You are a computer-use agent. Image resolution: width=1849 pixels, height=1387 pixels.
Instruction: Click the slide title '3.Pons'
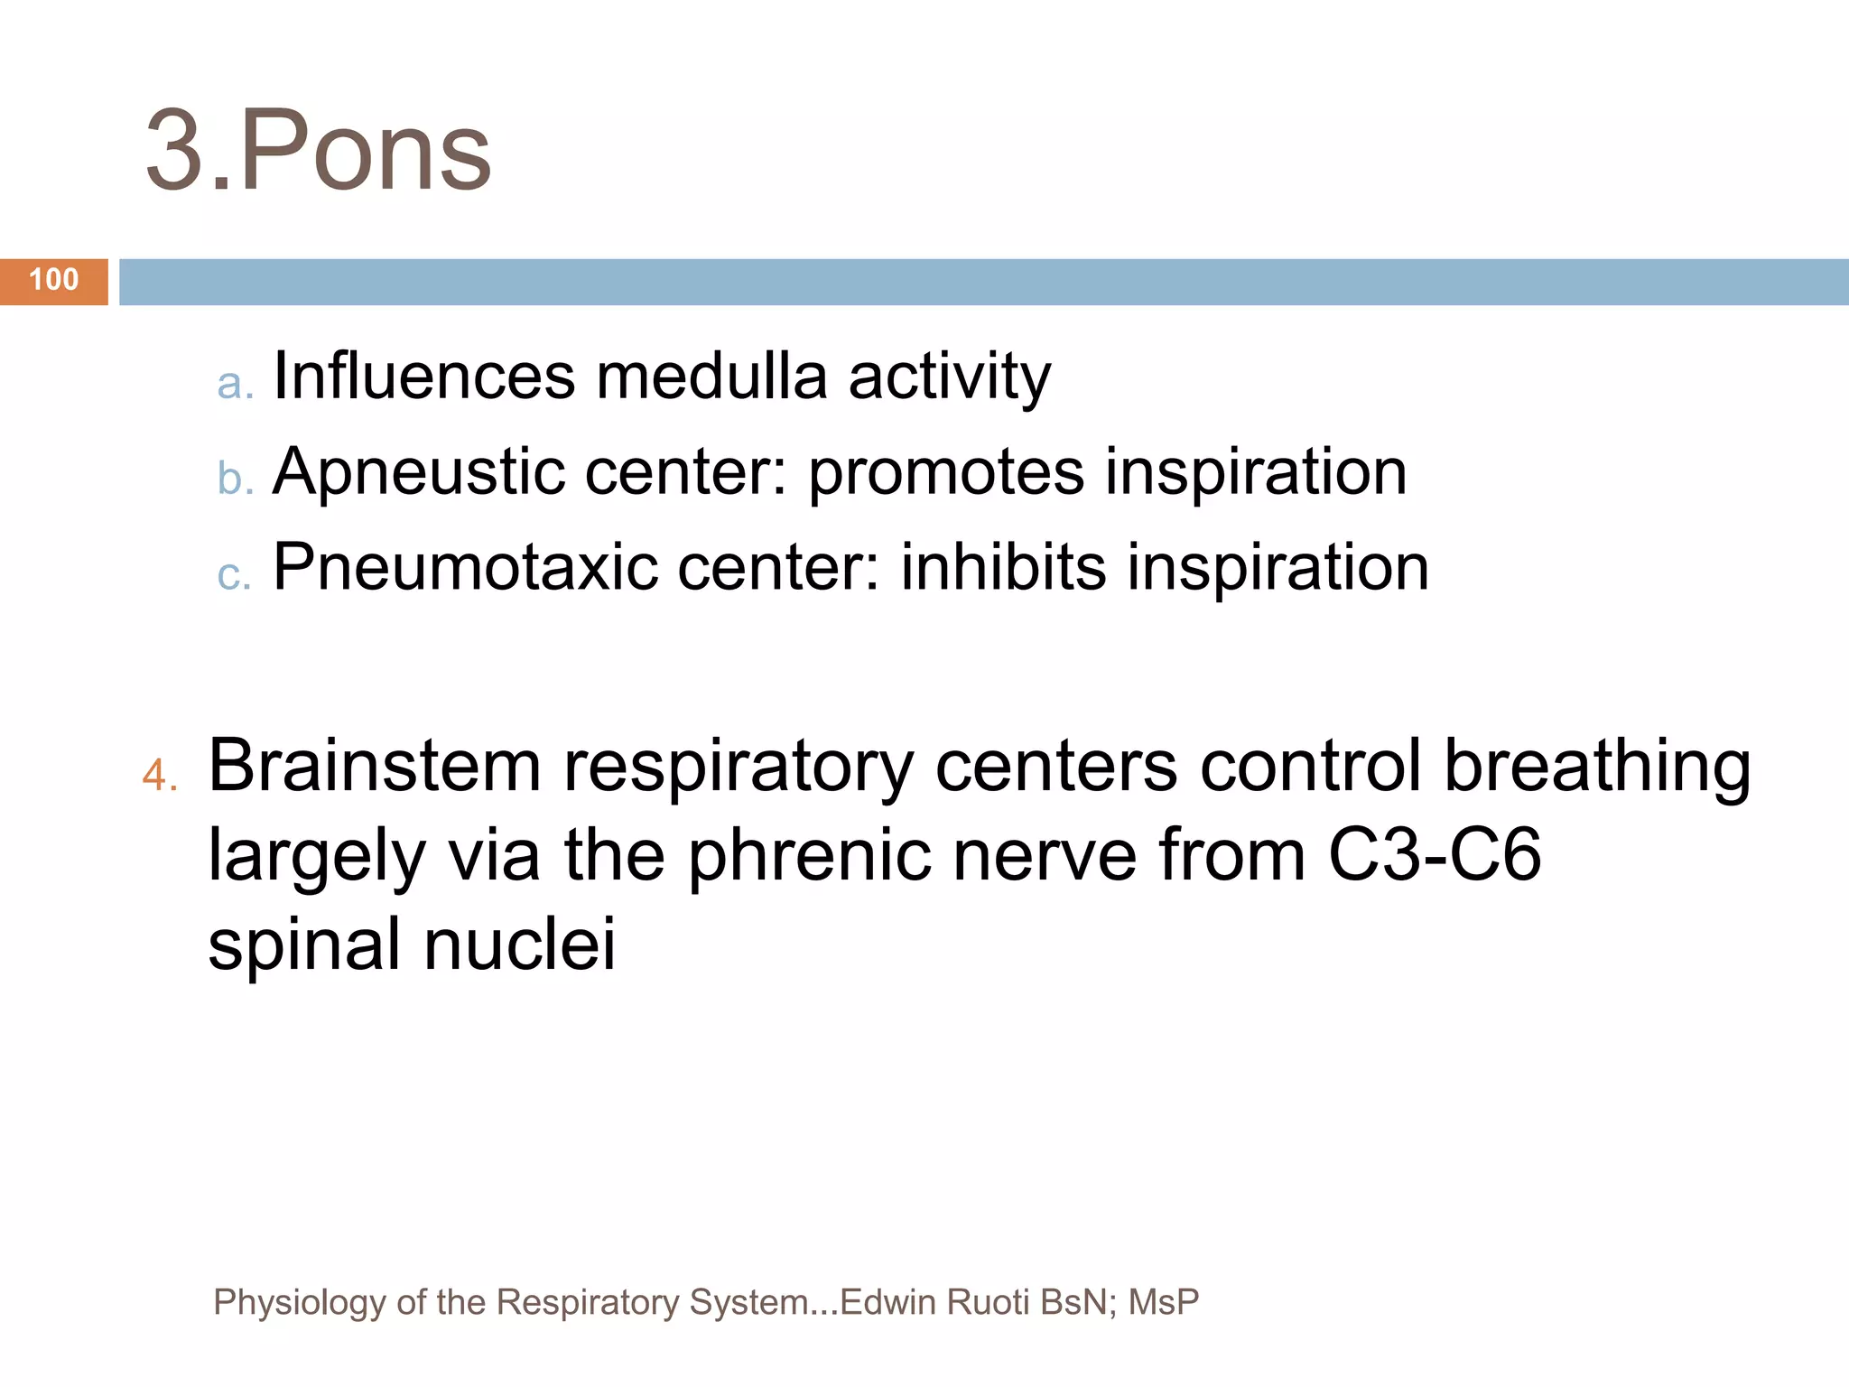pos(318,150)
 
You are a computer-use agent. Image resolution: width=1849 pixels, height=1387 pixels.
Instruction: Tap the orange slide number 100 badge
pos(54,281)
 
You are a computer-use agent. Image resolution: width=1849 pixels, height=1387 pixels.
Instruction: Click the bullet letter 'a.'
pos(235,383)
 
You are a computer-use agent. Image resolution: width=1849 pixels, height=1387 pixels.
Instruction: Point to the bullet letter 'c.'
pos(234,574)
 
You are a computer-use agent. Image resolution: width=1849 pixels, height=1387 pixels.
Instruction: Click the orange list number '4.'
pos(160,775)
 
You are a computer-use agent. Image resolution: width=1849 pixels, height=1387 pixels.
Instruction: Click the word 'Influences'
pos(423,376)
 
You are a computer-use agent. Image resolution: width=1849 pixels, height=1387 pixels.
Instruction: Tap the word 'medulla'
pos(711,376)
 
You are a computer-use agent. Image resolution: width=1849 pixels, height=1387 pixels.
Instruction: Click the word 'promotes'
pos(945,472)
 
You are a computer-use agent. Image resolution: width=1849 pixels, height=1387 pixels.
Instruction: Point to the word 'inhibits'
pos(1003,567)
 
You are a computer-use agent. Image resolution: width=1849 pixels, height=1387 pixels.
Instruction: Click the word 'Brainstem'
pos(375,766)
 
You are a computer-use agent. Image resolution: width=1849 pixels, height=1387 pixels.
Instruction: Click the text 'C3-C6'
pos(1435,854)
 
